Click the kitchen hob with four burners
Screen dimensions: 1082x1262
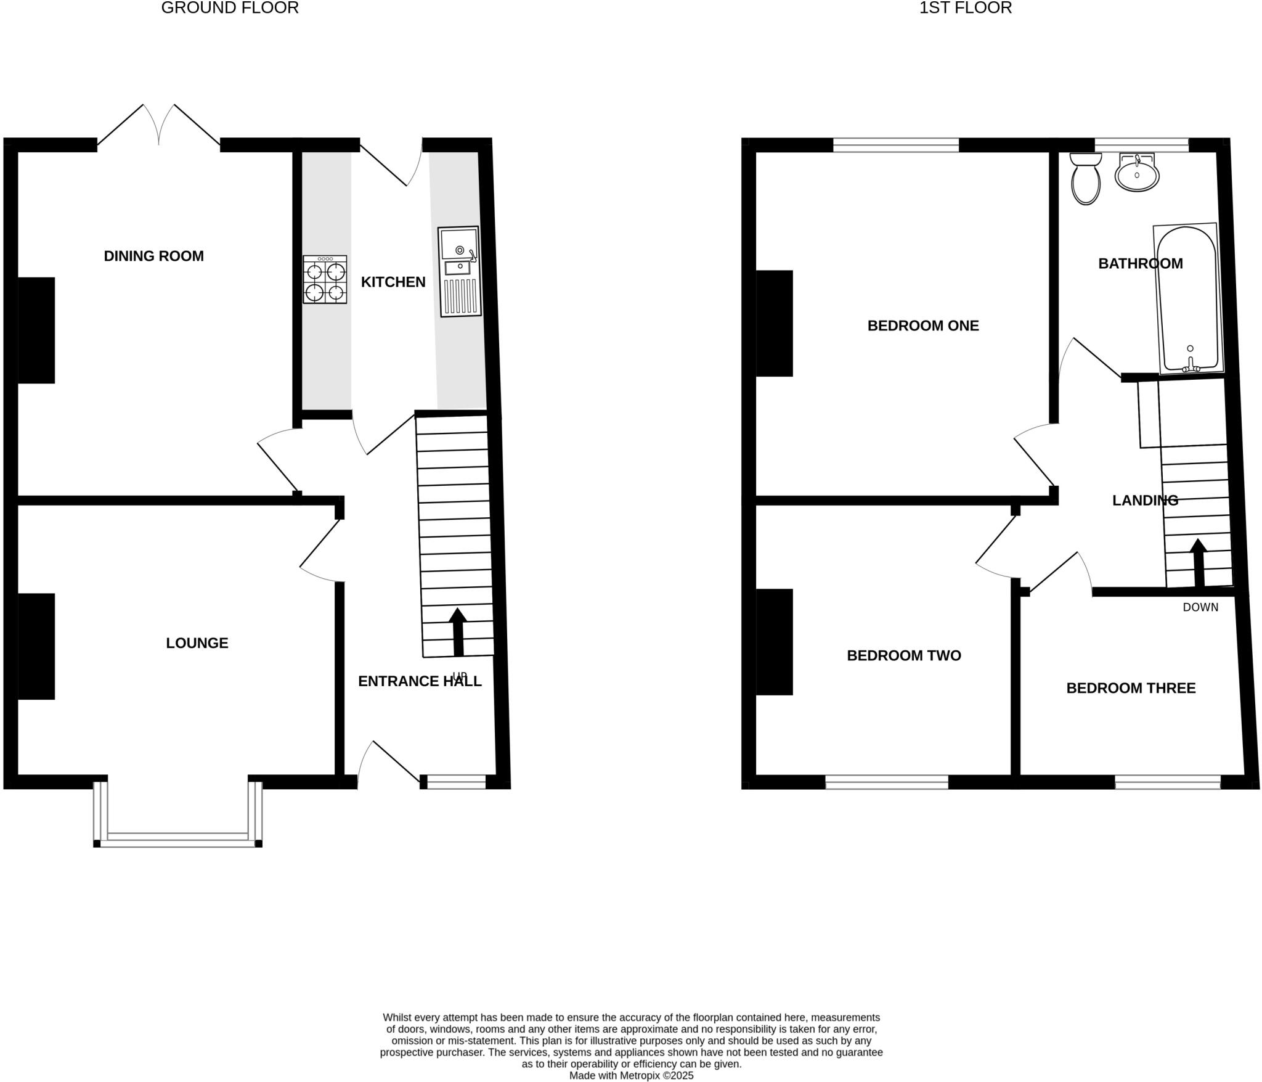[x=325, y=279]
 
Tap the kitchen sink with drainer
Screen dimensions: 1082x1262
[x=459, y=272]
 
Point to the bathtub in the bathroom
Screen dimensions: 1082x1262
[x=1188, y=299]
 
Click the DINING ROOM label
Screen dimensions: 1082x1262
[x=153, y=256]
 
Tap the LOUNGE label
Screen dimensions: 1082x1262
[x=197, y=643]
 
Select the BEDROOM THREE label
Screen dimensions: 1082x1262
[x=1131, y=688]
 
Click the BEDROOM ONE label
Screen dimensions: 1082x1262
[x=922, y=326]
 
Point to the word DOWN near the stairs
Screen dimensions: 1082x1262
[x=1200, y=607]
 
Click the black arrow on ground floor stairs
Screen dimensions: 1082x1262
[x=457, y=632]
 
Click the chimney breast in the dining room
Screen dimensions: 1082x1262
[x=36, y=330]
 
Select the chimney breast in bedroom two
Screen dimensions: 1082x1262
[x=775, y=642]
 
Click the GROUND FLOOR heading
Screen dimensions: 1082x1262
[x=230, y=8]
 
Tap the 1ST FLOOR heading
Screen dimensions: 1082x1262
[x=965, y=8]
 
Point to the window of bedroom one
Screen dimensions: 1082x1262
[x=896, y=145]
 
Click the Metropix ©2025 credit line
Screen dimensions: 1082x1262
[x=631, y=1075]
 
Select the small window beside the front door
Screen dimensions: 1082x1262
[x=457, y=782]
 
